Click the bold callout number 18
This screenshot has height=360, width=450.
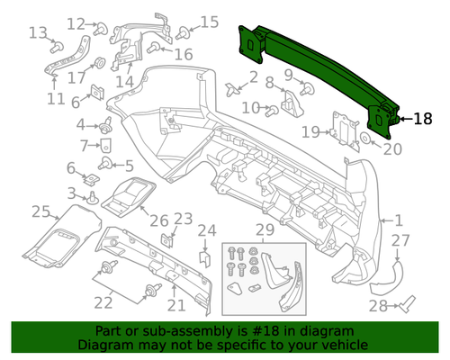click(x=423, y=117)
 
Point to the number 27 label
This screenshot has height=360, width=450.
click(x=400, y=240)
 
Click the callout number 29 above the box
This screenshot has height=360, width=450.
click(x=265, y=230)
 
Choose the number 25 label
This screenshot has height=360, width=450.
click(x=40, y=211)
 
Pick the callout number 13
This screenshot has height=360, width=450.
click(x=38, y=33)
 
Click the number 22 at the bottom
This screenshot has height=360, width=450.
click(x=104, y=301)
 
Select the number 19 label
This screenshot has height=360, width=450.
click(x=310, y=132)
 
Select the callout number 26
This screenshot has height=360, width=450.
click(x=158, y=220)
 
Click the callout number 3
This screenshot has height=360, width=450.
click(x=71, y=192)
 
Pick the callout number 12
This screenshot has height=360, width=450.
click(x=76, y=23)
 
